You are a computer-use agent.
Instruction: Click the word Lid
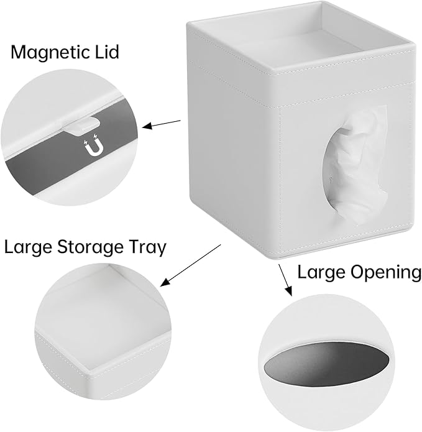(107, 52)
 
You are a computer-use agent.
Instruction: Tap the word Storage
(90, 247)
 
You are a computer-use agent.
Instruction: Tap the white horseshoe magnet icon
(92, 147)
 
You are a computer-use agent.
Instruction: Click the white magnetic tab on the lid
(82, 126)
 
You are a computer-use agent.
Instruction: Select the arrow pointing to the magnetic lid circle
(162, 124)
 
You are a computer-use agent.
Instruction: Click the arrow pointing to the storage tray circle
(191, 265)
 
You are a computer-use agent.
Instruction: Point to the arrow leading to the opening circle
(285, 280)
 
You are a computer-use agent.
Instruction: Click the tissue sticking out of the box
(355, 165)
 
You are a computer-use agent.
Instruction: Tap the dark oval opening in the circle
(327, 362)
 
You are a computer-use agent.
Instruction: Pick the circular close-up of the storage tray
(103, 331)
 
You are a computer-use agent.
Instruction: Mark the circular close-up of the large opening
(327, 362)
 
